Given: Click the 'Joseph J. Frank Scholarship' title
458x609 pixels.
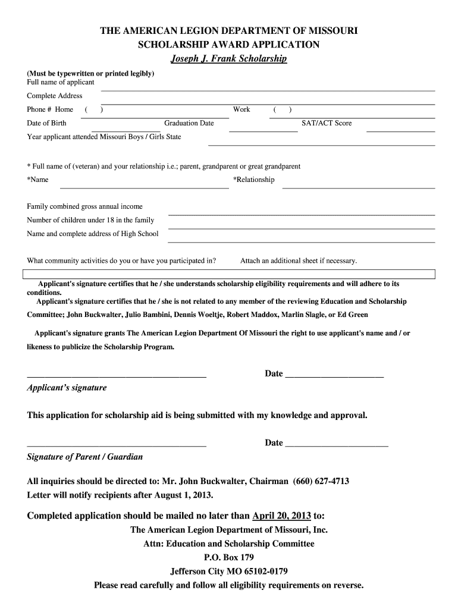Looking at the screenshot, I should point(229,59).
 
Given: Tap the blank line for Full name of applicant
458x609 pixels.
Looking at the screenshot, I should point(268,89).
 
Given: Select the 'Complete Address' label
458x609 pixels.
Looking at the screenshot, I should point(55,96).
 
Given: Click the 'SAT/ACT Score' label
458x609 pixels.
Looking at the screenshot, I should point(326,123).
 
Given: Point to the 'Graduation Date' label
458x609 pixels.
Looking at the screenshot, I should point(189,123).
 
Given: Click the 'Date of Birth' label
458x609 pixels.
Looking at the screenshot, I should point(47,123).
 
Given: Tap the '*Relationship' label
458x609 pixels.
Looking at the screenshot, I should point(254,180).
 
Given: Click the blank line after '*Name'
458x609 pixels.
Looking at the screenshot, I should point(145,187).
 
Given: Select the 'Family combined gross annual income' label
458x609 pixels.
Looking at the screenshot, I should point(85,206).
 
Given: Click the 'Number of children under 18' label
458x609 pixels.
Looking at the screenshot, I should point(90,220).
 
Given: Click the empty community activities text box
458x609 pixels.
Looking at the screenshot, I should point(229,274).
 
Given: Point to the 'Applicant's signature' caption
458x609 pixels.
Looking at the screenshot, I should point(67,388).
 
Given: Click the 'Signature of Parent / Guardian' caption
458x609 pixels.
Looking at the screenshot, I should point(85,457).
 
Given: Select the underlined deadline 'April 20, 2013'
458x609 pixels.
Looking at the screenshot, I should point(281,515).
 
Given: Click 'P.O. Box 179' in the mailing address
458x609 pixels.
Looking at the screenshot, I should point(229,557).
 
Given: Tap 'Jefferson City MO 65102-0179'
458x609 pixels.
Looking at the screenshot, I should point(229,571).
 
